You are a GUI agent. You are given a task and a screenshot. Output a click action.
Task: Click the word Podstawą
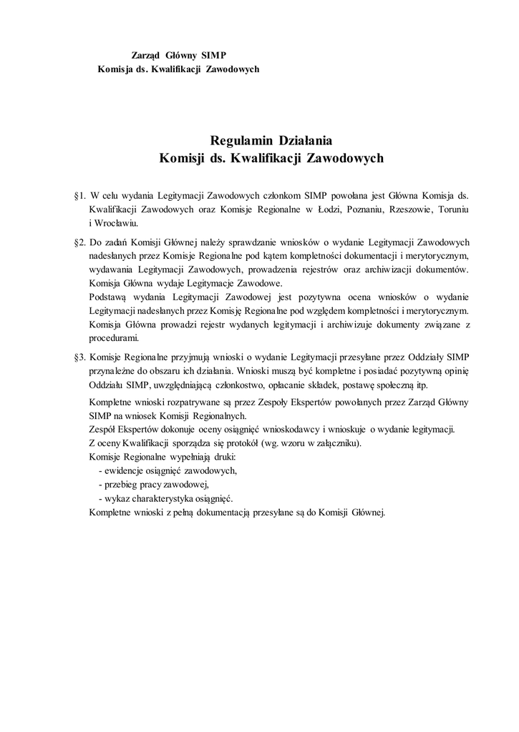[110, 296]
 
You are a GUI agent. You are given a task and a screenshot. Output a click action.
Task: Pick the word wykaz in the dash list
[117, 498]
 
